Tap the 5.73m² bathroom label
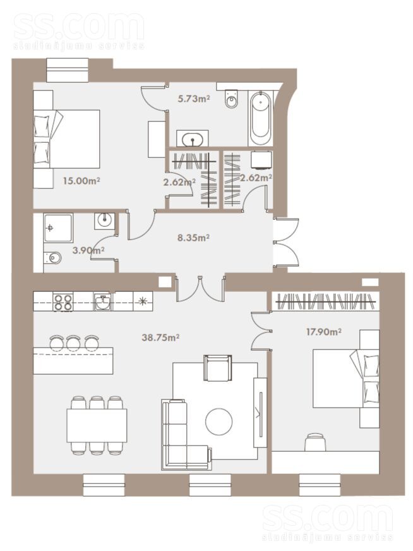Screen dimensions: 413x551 193,99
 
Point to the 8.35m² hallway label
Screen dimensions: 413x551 193,238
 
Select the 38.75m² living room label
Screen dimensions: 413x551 160,337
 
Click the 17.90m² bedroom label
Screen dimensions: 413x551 324,332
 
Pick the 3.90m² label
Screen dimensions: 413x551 88,250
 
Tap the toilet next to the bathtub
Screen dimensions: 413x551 231,99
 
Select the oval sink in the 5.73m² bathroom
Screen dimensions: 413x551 193,138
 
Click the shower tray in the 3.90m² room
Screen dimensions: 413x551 58,227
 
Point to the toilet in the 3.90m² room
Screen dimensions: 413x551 52,258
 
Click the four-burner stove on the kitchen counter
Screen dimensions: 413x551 63,302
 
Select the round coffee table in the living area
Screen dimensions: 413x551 218,421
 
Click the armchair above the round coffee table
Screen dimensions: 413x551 218,368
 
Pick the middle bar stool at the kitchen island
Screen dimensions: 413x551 74,343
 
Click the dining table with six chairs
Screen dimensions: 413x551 97,425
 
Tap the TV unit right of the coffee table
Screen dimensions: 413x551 260,413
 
